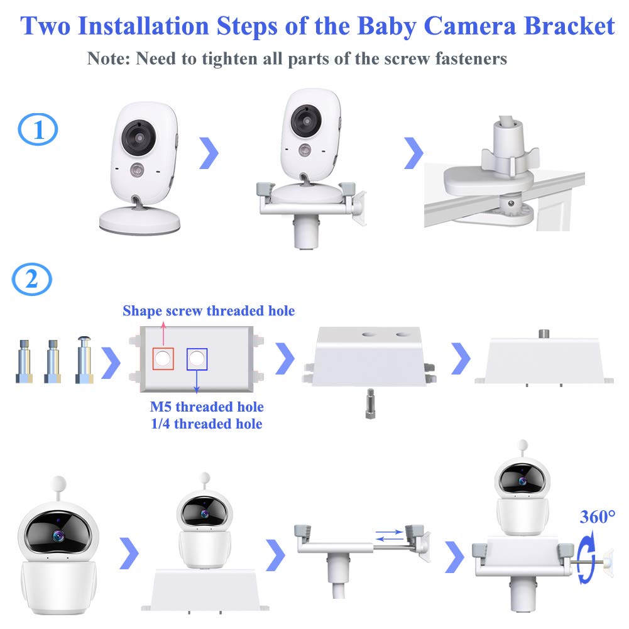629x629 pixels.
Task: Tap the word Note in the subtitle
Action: point(107,59)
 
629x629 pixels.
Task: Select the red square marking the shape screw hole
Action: point(162,358)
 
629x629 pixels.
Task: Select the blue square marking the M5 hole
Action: point(197,359)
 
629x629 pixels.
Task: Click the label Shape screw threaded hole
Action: point(209,310)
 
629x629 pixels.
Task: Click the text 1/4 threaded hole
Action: point(207,424)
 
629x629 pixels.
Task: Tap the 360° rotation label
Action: point(598,517)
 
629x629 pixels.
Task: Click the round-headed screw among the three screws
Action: point(84,361)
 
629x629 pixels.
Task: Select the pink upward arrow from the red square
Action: point(162,331)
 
